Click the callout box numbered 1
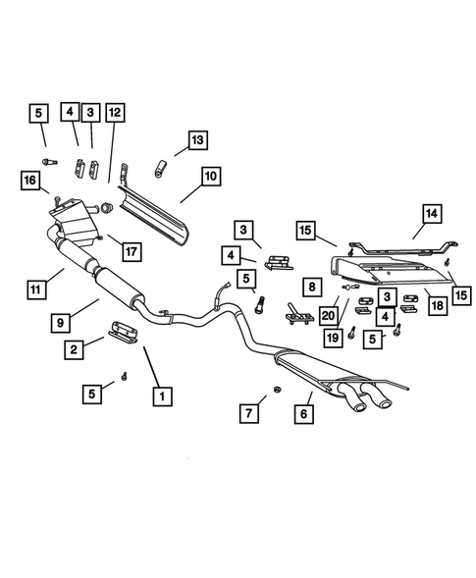[157, 396]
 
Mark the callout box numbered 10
[210, 178]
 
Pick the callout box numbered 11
[37, 289]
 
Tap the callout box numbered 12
[115, 113]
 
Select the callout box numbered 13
[197, 141]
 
